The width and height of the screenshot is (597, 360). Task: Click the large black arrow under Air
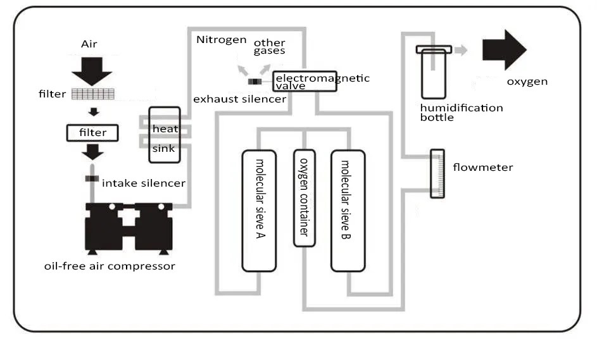92,70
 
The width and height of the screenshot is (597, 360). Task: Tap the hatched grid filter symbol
92,94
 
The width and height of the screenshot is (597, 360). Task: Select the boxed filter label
92,133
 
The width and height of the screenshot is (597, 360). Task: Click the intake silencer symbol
92,179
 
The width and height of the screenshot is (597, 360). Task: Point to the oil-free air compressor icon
129,226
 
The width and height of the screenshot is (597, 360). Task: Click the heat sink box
164,135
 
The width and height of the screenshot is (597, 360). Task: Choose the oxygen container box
304,197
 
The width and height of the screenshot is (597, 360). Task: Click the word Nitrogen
221,40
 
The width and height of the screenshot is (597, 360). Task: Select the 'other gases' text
270,46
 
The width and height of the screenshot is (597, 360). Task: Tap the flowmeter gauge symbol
437,173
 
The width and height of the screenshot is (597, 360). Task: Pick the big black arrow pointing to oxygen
503,50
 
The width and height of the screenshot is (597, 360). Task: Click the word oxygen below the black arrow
527,82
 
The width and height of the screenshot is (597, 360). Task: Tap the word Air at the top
89,44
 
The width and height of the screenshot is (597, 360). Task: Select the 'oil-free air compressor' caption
110,266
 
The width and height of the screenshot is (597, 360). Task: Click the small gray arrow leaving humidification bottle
460,50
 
